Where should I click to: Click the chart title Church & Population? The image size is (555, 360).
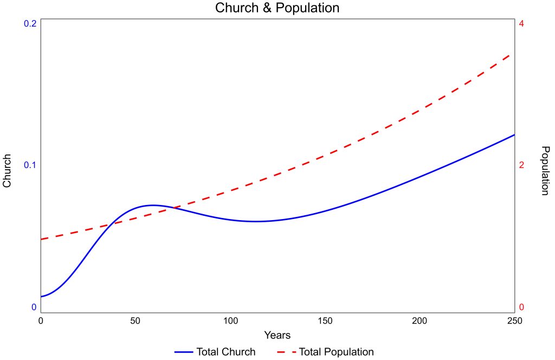277,8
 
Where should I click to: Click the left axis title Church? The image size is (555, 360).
7,171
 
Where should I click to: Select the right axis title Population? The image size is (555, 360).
545,170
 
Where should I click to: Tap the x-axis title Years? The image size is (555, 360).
277,335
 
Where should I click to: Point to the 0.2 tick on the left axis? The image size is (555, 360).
30,24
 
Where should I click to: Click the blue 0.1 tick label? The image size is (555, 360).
30,165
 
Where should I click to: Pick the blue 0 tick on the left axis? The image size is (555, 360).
34,307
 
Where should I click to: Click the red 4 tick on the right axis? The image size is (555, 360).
521,24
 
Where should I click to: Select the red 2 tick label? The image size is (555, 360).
521,165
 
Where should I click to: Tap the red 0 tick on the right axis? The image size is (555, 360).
521,307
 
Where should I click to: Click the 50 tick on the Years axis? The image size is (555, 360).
135,321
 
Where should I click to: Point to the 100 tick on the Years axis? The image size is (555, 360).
230,321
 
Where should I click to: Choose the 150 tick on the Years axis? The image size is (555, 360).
325,321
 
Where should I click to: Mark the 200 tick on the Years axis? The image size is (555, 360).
420,321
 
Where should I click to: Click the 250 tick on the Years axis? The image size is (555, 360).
514,321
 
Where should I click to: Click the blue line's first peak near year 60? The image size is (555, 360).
153,205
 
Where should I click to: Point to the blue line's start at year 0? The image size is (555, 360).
41,297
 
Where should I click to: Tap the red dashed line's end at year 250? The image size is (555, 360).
513,54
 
